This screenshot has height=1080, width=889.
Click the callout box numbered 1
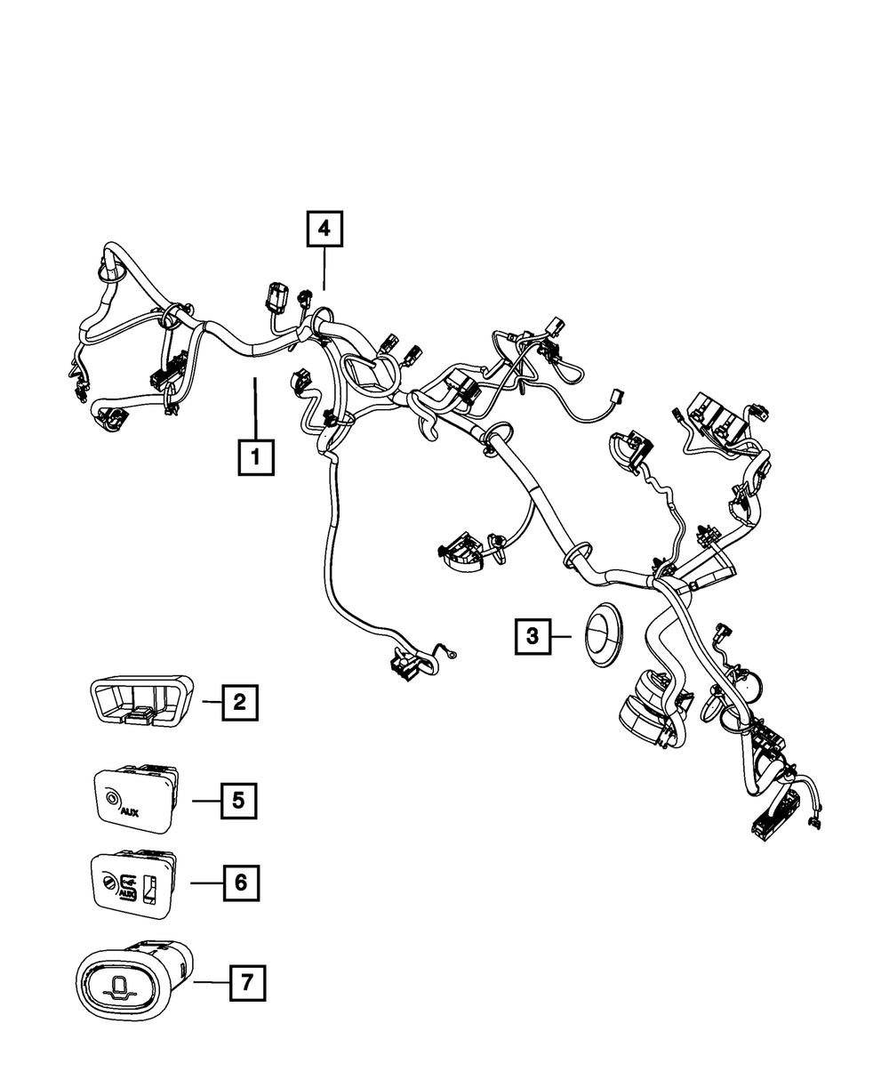click(x=255, y=458)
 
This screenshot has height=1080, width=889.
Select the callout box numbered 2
click(x=239, y=702)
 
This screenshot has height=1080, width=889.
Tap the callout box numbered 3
click(x=532, y=635)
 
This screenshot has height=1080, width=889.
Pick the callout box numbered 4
click(x=324, y=230)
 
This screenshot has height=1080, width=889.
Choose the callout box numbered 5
click(x=237, y=801)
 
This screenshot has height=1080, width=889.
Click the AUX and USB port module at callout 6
click(x=134, y=883)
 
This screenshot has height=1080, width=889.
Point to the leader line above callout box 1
click(x=255, y=408)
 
